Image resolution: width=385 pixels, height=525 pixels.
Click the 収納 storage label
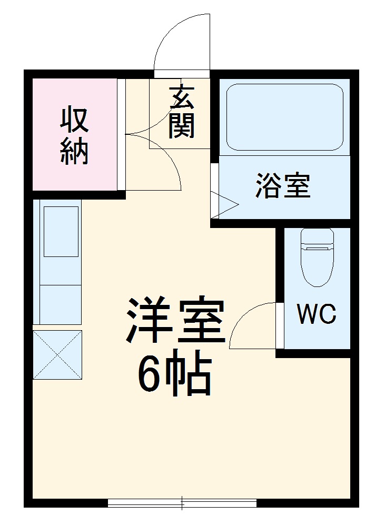pyautogui.click(x=74, y=136)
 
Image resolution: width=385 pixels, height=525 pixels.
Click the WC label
pyautogui.click(x=316, y=315)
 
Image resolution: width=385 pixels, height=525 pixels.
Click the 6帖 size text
pyautogui.click(x=174, y=375)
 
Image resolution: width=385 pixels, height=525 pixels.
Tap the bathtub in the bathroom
pyautogui.click(x=284, y=117)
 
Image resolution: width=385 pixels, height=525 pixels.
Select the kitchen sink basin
pyautogui.click(x=61, y=231)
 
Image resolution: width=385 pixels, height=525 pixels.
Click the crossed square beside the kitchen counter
pyautogui.click(x=57, y=354)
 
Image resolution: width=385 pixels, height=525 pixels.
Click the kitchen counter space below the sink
pyautogui.click(x=57, y=304)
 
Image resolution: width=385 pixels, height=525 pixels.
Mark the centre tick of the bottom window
pyautogui.click(x=182, y=503)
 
